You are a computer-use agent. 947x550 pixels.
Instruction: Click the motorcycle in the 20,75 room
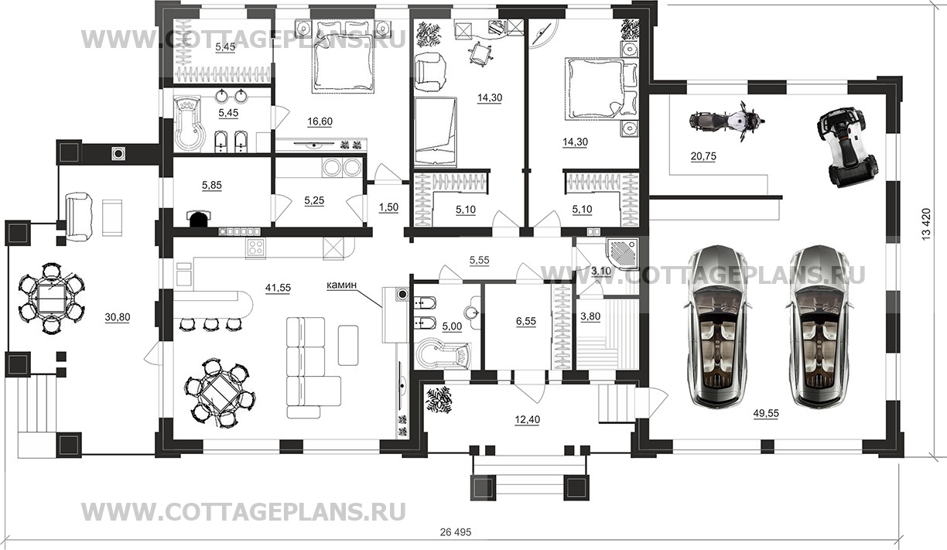(x=725, y=121)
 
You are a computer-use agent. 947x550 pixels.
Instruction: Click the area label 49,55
(x=764, y=413)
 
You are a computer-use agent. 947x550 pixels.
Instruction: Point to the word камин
(x=341, y=285)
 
